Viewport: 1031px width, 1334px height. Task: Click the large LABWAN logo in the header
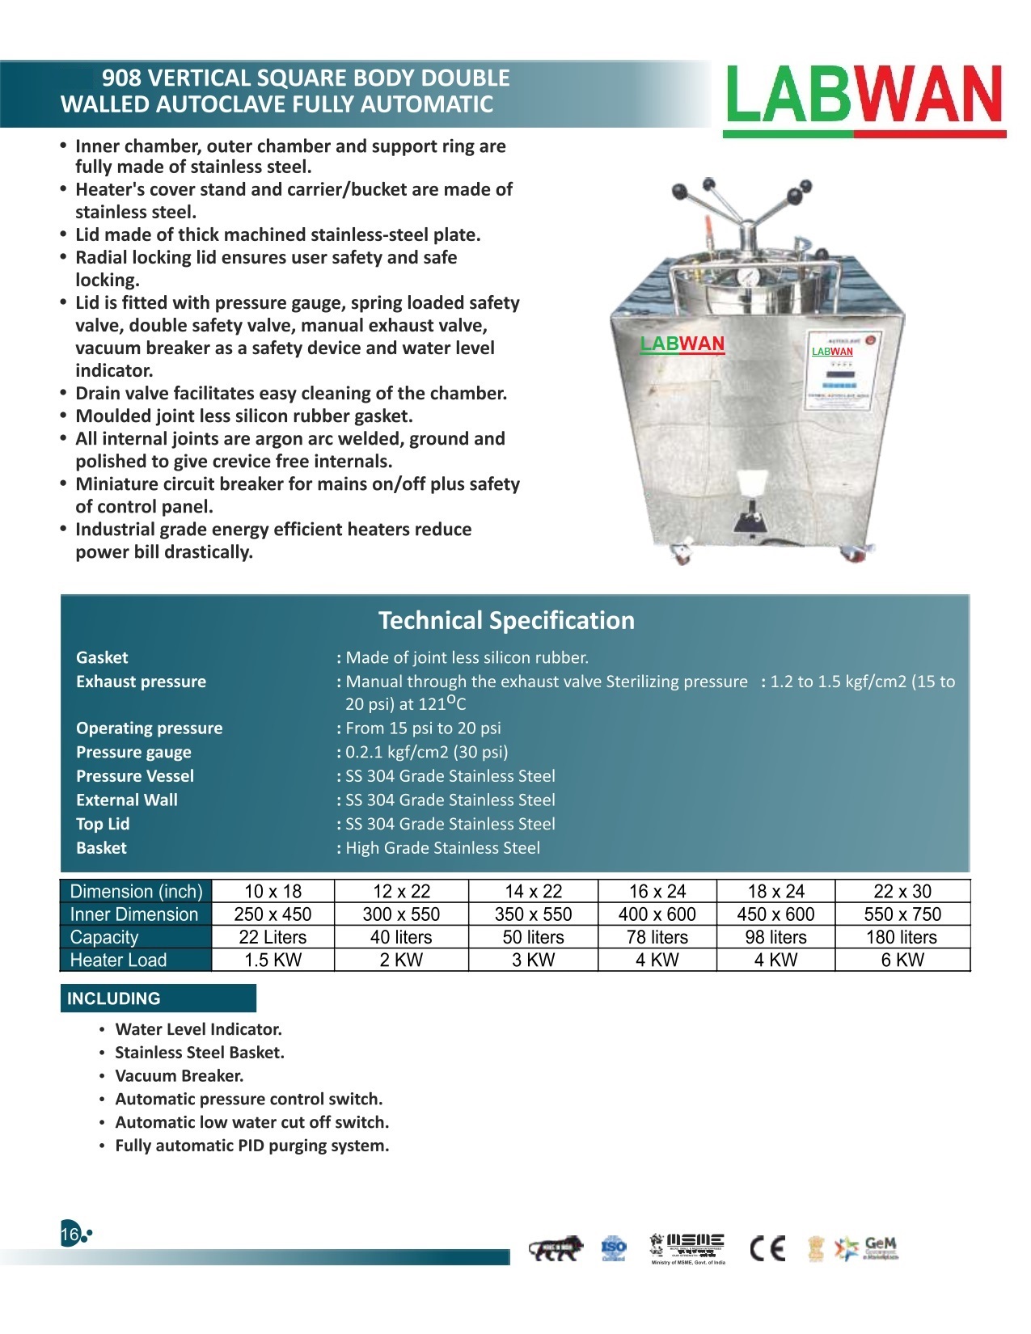pos(864,97)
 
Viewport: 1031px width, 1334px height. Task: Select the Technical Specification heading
pos(506,620)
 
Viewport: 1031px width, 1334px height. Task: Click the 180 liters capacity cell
pos(902,937)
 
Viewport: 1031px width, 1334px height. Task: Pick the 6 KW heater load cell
pos(902,960)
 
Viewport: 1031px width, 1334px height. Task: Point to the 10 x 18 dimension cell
pos(273,891)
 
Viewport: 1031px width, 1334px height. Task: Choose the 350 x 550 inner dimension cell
pos(533,914)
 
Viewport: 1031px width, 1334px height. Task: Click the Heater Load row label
pos(118,960)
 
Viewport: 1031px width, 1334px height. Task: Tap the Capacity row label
pos(104,937)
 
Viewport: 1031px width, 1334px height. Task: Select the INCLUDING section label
pos(114,998)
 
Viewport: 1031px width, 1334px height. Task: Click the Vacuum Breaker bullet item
pos(179,1075)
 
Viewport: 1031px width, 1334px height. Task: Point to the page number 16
pos(69,1235)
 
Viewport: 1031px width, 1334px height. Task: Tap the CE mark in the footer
pos(767,1249)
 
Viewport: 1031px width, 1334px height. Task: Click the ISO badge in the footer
pos(614,1248)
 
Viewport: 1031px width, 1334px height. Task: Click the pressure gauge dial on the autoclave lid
pos(749,277)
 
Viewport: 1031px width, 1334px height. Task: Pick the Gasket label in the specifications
pos(102,657)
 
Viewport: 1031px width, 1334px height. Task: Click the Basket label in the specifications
pos(101,847)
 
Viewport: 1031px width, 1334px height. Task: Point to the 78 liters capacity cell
pos(657,937)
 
